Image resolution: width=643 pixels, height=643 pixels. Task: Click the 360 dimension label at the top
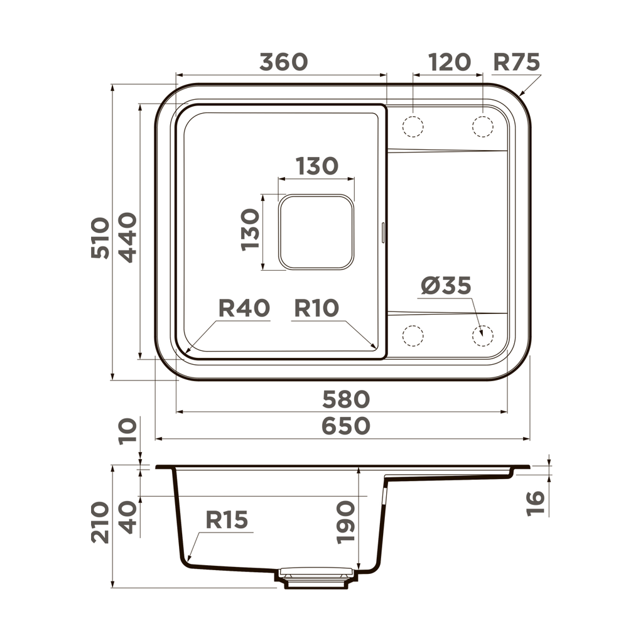tap(283, 62)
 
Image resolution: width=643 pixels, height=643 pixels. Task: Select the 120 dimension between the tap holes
tap(449, 62)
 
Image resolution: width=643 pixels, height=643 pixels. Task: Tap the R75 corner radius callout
tap(516, 62)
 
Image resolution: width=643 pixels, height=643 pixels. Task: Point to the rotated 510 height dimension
tap(100, 238)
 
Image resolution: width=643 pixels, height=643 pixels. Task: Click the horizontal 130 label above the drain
tap(316, 166)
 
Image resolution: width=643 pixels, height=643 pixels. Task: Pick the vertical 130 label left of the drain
tap(250, 230)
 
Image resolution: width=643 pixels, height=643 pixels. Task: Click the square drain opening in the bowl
tap(316, 232)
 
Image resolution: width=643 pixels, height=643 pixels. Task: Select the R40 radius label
tap(244, 308)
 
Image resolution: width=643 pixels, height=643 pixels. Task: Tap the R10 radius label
tap(316, 308)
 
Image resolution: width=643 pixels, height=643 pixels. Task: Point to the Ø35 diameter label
tap(446, 286)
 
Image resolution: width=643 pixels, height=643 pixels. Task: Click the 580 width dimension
tap(346, 399)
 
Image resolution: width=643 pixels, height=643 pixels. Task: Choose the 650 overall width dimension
tap(346, 426)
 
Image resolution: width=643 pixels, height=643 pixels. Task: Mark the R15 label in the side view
tap(227, 520)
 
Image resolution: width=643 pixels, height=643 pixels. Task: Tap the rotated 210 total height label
tap(100, 522)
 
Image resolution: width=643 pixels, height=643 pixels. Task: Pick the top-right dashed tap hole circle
tap(482, 126)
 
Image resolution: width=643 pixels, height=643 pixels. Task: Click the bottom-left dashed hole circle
tap(413, 336)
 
